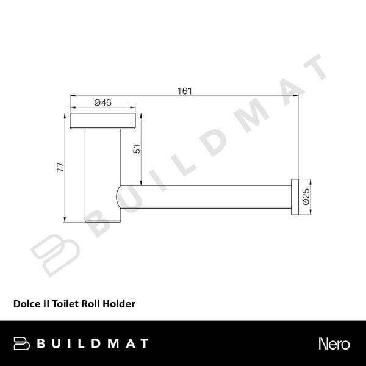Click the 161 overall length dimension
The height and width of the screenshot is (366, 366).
(x=185, y=91)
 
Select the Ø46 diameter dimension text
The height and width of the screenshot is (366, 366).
(x=102, y=103)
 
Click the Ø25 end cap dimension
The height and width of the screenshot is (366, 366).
(x=306, y=196)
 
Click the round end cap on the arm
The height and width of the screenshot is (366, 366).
(x=294, y=196)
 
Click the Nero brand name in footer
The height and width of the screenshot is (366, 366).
(x=334, y=343)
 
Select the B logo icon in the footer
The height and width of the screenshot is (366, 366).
(x=22, y=343)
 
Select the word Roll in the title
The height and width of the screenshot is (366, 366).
(x=90, y=303)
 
